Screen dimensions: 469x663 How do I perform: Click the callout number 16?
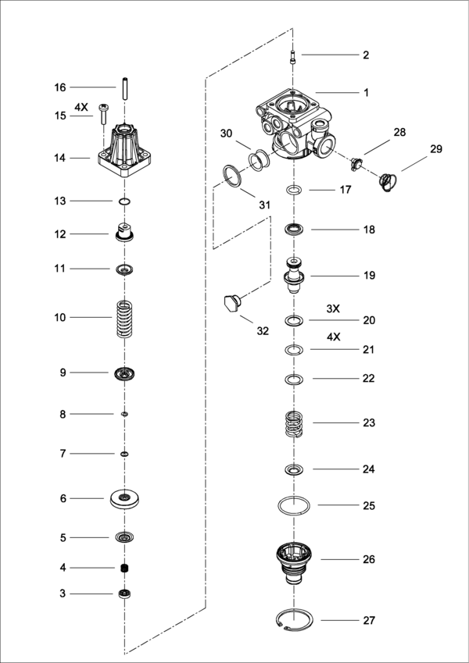click(x=60, y=87)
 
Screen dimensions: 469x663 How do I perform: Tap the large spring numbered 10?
click(x=124, y=319)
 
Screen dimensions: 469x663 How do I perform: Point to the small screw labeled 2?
click(x=292, y=57)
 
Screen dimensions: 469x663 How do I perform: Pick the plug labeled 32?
click(x=232, y=304)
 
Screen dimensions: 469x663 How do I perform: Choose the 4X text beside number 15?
click(x=81, y=108)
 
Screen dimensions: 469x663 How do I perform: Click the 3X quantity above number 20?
click(x=333, y=308)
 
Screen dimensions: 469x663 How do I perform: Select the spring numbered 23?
click(x=294, y=425)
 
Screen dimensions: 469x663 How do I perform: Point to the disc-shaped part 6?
click(x=124, y=499)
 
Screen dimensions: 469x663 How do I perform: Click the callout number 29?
click(x=436, y=149)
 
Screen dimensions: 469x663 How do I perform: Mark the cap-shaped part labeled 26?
click(x=294, y=564)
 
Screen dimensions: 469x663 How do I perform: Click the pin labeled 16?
click(x=125, y=88)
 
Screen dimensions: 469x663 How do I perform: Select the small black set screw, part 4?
click(x=124, y=569)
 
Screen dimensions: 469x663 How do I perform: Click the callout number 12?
click(x=60, y=234)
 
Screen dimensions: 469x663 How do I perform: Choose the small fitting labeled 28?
click(x=356, y=164)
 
